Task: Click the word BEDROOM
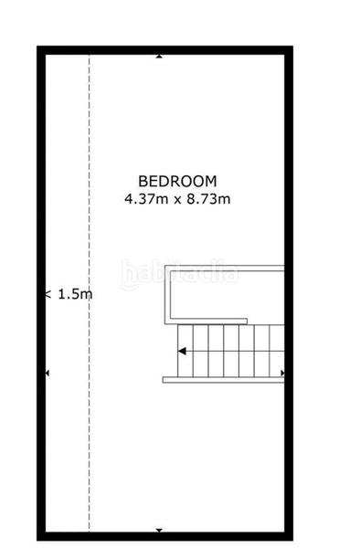pyautogui.click(x=177, y=181)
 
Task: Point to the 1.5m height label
pyautogui.click(x=74, y=294)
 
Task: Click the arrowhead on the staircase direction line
pyautogui.click(x=182, y=351)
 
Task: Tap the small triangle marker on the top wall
pyautogui.click(x=159, y=56)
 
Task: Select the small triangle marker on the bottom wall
pyautogui.click(x=159, y=531)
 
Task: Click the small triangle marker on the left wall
pyautogui.click(x=47, y=374)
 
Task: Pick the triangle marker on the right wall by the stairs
pyautogui.click(x=283, y=373)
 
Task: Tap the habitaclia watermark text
pyautogui.click(x=179, y=272)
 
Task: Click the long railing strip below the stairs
pyautogui.click(x=223, y=379)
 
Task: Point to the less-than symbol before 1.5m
pyautogui.click(x=48, y=294)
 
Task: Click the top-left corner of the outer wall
pyautogui.click(x=41, y=51)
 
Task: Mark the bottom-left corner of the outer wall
pyautogui.click(x=41, y=535)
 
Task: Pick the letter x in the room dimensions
pyautogui.click(x=175, y=198)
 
